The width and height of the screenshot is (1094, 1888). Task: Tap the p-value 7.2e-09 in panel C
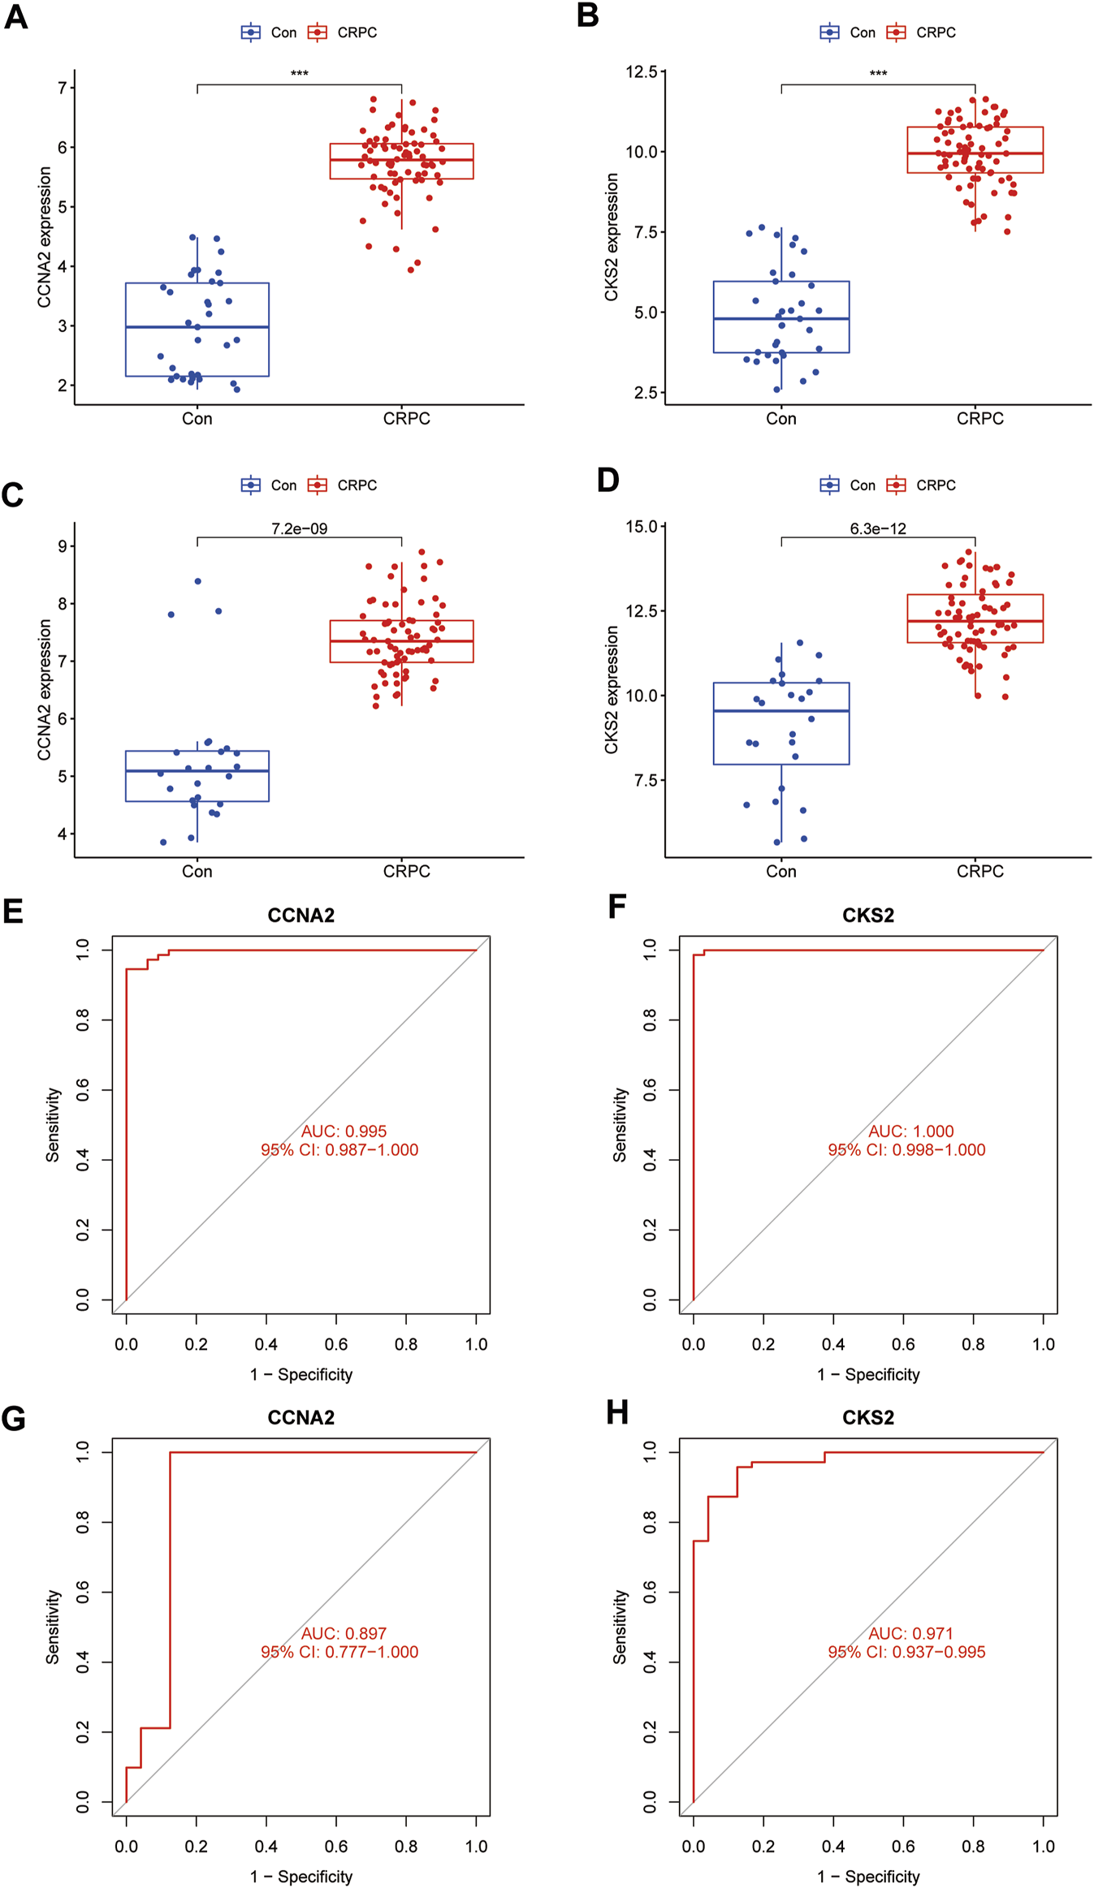(299, 529)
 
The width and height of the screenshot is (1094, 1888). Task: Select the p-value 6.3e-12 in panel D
(878, 529)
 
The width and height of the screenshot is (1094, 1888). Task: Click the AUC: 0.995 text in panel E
(344, 1132)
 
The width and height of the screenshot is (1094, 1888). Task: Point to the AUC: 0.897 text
(344, 1633)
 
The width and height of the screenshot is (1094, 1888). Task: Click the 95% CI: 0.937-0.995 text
(906, 1652)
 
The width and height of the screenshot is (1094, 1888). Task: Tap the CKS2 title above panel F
(868, 916)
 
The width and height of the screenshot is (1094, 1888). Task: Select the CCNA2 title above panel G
(301, 1417)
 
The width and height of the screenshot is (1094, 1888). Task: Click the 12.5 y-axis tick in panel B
(641, 72)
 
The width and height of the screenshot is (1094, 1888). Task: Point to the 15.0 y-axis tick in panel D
(641, 527)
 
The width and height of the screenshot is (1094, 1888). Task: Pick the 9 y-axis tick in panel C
(63, 546)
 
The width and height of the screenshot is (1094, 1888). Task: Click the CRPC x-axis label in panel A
(406, 419)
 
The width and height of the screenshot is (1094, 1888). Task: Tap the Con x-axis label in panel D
(781, 872)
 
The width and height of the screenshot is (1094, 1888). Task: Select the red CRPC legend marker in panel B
(896, 32)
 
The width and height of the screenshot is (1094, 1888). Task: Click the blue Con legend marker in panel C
(251, 485)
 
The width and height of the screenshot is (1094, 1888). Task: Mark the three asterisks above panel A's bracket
(299, 74)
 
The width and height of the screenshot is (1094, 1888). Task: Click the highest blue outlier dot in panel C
(198, 581)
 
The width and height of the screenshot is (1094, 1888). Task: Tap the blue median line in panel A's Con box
(197, 327)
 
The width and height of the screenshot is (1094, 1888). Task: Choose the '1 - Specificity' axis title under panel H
(868, 1877)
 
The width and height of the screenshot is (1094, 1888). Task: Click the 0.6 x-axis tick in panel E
(336, 1345)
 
